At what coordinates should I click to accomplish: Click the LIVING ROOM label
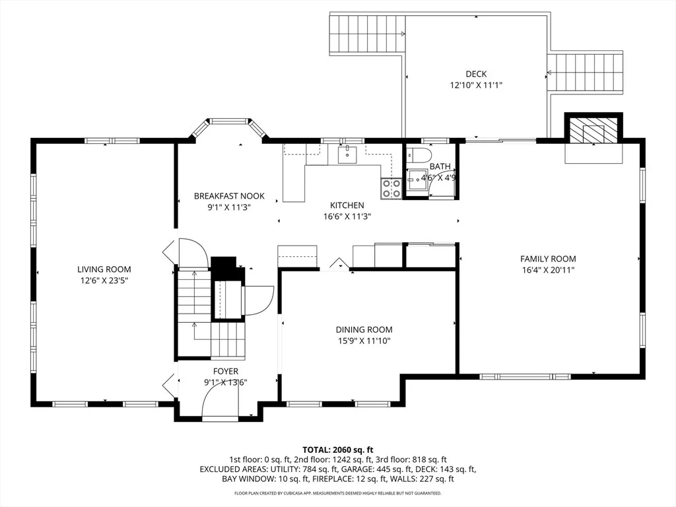coord(104,269)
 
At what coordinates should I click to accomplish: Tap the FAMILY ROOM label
coord(548,259)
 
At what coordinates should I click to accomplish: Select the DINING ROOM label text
coord(364,330)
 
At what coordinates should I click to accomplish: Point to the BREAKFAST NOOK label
coord(229,196)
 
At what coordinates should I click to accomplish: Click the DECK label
coord(476,74)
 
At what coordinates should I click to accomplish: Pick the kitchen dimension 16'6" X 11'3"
coord(347,217)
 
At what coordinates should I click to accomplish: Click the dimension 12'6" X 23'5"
coord(104,281)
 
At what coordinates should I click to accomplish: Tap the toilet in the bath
coord(418,153)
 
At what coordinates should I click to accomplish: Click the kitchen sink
coord(347,154)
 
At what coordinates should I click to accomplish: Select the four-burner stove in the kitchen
coord(391,188)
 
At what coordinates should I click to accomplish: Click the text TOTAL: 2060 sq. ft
coord(337,450)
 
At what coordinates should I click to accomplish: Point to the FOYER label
coord(226,371)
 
